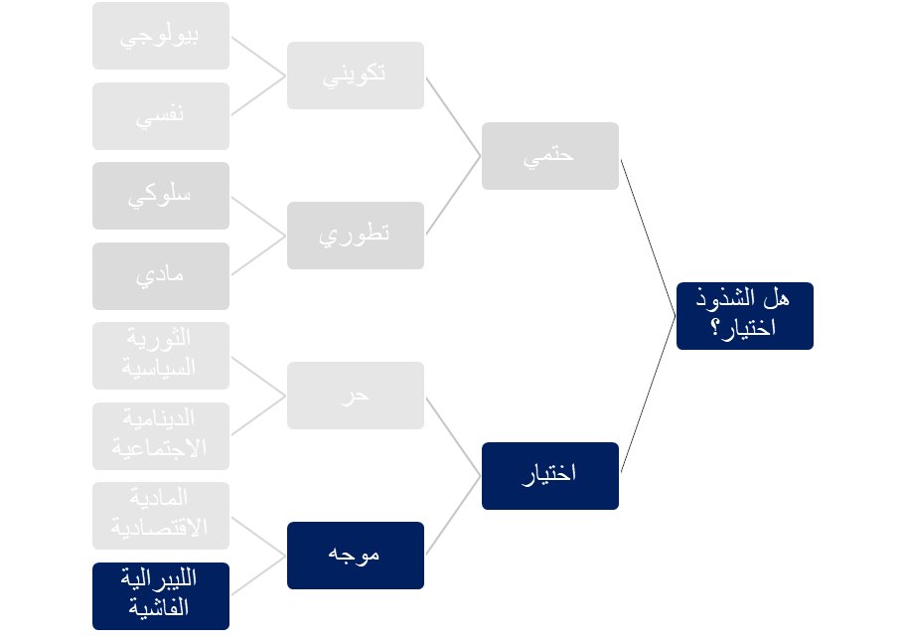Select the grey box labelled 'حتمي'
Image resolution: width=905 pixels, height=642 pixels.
click(549, 156)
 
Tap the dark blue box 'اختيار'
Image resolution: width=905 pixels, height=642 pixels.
click(549, 475)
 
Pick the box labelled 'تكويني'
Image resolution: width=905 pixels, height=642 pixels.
click(356, 76)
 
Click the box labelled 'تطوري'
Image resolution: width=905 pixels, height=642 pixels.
click(356, 236)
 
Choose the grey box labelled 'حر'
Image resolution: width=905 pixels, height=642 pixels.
click(356, 396)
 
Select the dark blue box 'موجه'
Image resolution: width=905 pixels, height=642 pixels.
click(356, 555)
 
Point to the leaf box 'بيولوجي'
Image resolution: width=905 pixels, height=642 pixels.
click(161, 36)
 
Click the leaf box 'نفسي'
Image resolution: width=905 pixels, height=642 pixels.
click(161, 116)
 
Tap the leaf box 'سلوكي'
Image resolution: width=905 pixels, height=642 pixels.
click(161, 196)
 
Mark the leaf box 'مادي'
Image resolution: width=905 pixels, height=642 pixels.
click(161, 276)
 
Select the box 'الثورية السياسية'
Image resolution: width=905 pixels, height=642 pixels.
click(161, 356)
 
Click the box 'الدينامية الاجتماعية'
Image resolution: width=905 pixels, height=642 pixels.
click(161, 435)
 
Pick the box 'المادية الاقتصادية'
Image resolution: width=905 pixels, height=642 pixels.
click(161, 516)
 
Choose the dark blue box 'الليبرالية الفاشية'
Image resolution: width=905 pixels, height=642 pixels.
click(161, 595)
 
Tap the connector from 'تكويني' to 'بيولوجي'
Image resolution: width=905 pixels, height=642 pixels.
click(258, 57)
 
